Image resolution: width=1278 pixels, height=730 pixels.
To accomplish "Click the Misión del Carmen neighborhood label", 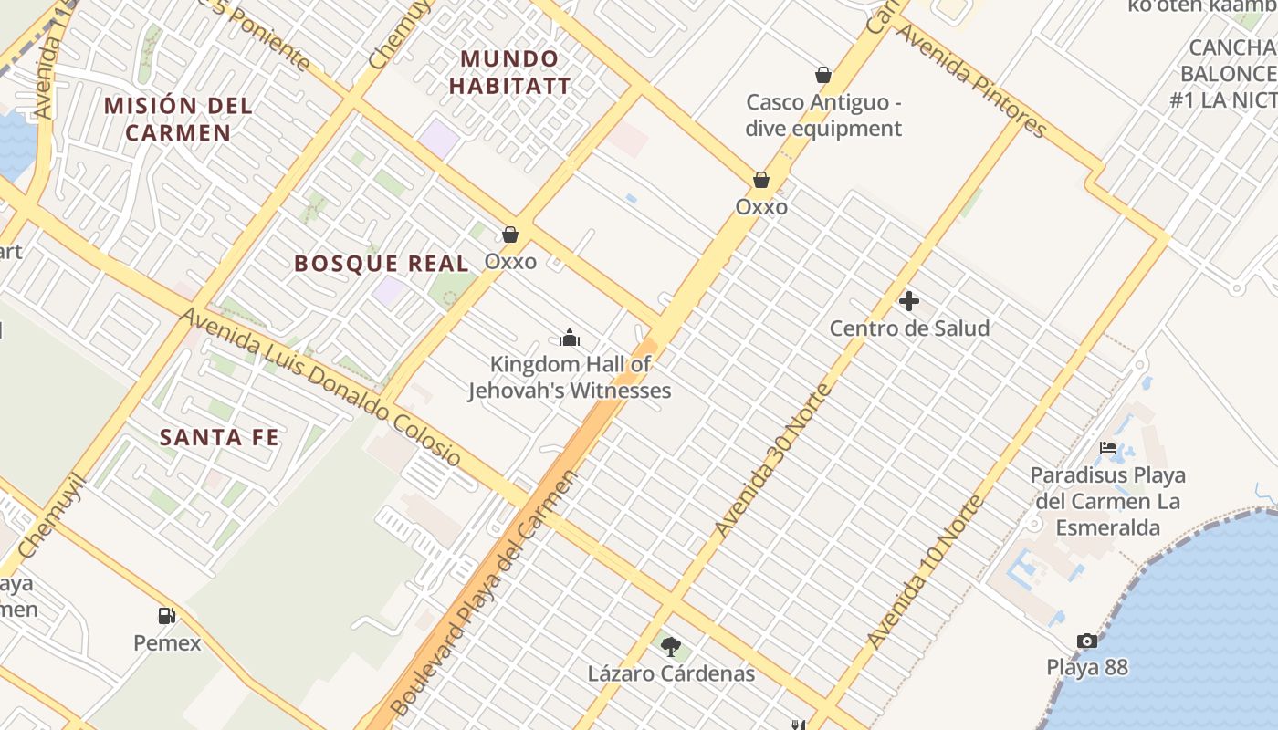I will pyautogui.click(x=178, y=119).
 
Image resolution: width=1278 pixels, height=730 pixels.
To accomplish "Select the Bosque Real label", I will pyautogui.click(x=382, y=264).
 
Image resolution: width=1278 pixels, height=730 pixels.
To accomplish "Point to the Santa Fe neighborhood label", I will pyautogui.click(x=219, y=437).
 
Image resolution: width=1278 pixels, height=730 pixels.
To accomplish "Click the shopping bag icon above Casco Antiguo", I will pyautogui.click(x=822, y=75).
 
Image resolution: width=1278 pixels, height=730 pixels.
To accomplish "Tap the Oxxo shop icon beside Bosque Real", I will pyautogui.click(x=510, y=235).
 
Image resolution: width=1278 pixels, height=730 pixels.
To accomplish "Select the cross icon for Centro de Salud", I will pyautogui.click(x=909, y=300).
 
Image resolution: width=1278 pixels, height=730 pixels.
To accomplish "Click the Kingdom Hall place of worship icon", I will pyautogui.click(x=570, y=339).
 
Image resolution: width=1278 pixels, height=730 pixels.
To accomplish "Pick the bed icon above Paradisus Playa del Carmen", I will pyautogui.click(x=1108, y=448).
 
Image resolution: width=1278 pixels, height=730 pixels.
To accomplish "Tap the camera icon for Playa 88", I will pyautogui.click(x=1086, y=641).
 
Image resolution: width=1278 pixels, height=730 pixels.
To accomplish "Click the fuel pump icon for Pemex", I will pyautogui.click(x=167, y=616).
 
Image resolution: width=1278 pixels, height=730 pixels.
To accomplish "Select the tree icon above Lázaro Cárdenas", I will pyautogui.click(x=671, y=647).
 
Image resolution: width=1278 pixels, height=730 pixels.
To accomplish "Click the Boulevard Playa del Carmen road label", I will pyautogui.click(x=484, y=593).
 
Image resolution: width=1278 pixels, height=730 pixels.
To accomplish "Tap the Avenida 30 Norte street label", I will pyautogui.click(x=773, y=461).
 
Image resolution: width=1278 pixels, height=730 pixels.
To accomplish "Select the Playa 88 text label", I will pyautogui.click(x=1087, y=667).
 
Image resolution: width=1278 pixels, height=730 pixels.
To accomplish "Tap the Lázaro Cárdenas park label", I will pyautogui.click(x=671, y=674).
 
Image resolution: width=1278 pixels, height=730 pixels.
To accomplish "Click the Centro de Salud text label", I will pyautogui.click(x=909, y=328).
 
